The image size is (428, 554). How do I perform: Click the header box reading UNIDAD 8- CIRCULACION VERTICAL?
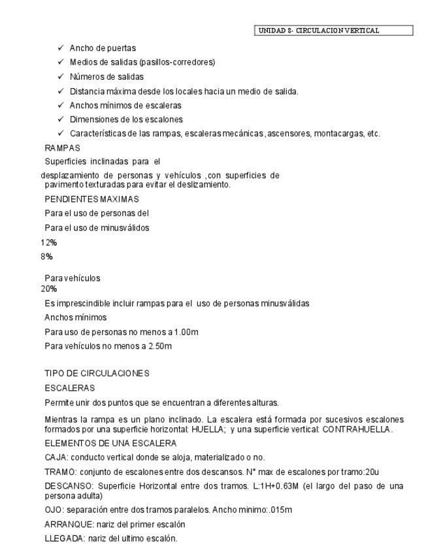tap(332, 30)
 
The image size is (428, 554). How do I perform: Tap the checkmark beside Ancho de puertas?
tap(60, 48)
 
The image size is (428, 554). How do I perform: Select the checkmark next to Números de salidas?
tap(60, 76)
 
